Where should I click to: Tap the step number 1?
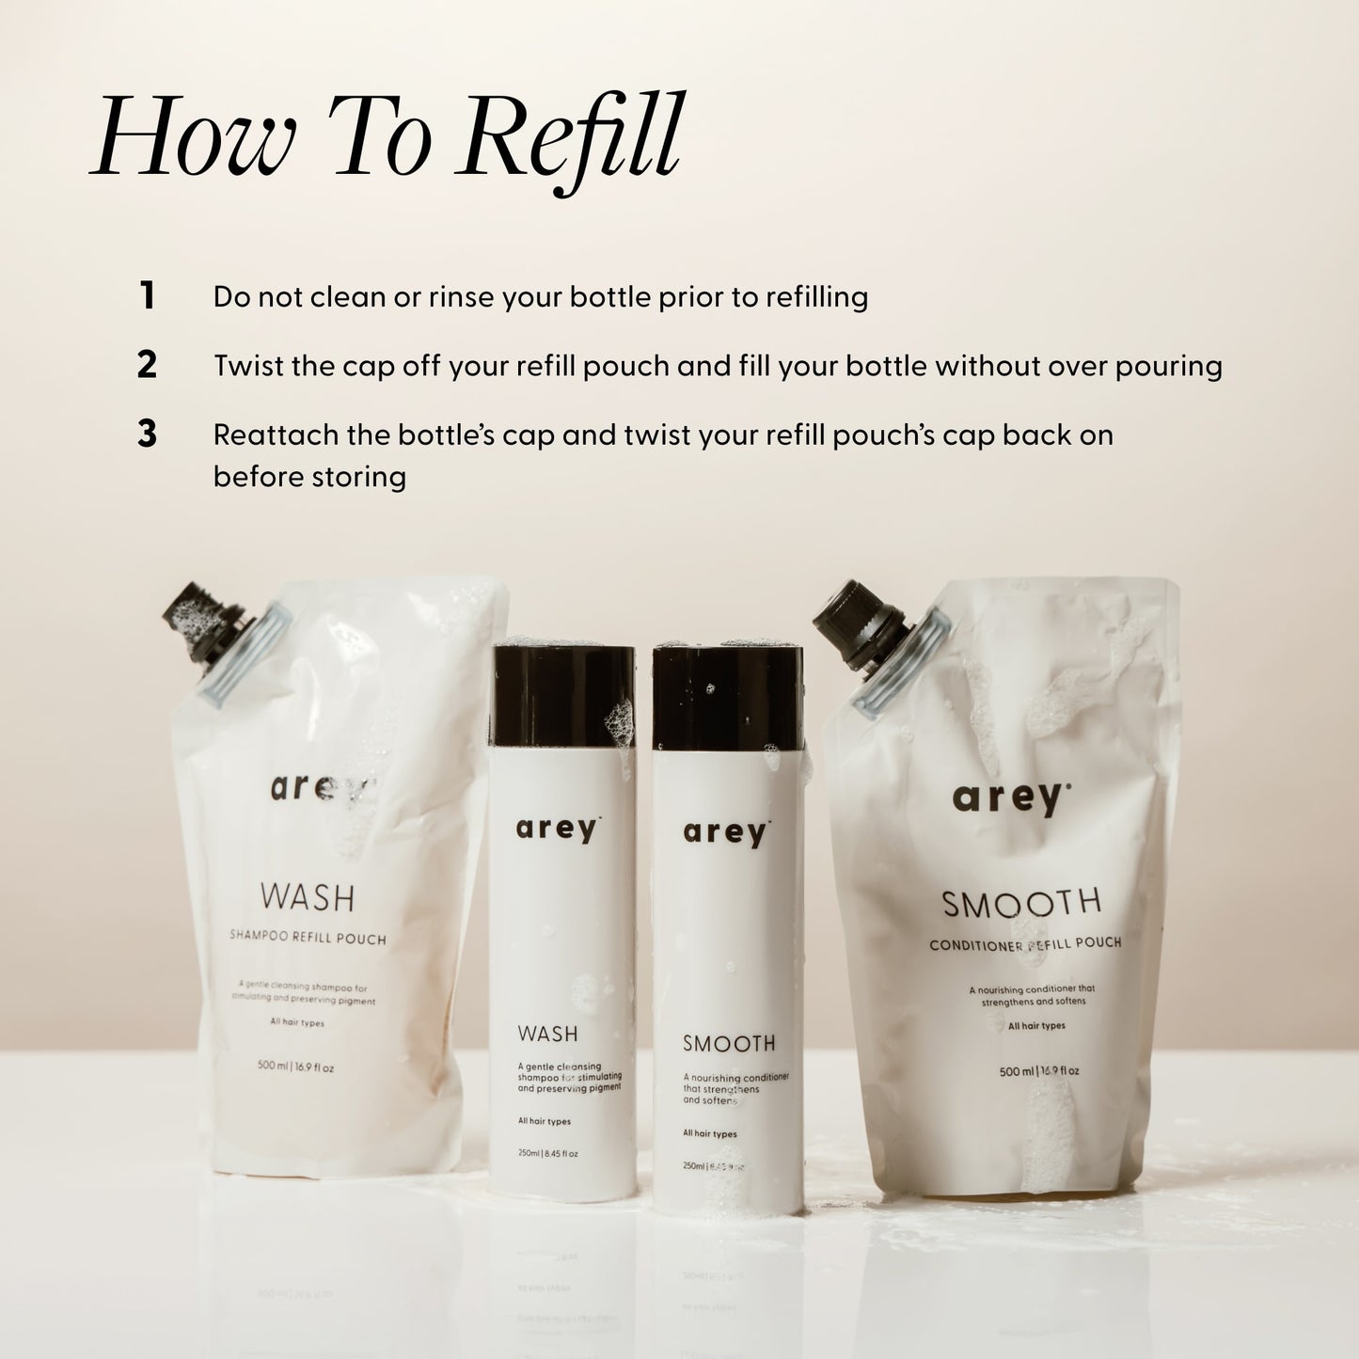pos(147,296)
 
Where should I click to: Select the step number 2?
pos(147,366)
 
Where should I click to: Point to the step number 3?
pos(147,435)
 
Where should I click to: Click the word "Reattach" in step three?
pos(272,435)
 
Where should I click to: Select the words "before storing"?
pos(309,477)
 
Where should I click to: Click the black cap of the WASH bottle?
pos(561,694)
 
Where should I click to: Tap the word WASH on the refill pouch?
pos(308,897)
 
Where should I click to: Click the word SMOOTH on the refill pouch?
pos(1021,904)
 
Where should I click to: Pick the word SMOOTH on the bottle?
pos(729,1043)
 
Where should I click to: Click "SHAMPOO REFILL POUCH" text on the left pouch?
pos(308,938)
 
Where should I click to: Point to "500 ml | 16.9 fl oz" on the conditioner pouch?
pos(1038,1071)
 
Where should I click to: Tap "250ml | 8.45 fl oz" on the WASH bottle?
pos(547,1154)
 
